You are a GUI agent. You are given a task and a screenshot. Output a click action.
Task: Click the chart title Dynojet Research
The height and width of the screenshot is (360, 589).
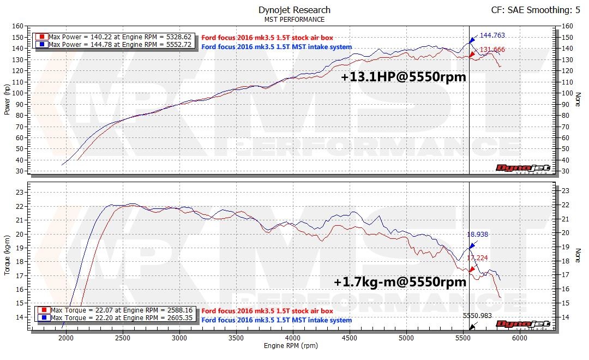click(x=294, y=10)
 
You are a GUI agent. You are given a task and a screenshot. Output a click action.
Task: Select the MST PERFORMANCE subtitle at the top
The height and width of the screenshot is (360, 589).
click(x=294, y=20)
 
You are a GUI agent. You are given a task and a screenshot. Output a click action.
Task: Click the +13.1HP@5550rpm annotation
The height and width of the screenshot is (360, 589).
click(x=404, y=77)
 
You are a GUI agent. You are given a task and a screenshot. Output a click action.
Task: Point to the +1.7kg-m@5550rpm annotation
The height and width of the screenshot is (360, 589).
click(x=400, y=282)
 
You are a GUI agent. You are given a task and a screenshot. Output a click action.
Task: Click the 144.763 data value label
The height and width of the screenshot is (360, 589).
click(x=492, y=35)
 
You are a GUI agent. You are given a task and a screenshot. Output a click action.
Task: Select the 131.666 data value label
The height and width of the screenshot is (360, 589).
click(x=492, y=50)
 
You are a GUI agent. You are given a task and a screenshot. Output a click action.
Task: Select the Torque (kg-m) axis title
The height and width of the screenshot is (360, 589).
click(x=7, y=255)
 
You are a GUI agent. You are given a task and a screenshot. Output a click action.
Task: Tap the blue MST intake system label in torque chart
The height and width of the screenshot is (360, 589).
click(x=277, y=320)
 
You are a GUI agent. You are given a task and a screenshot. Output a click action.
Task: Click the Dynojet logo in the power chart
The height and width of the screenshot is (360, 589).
click(x=523, y=167)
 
